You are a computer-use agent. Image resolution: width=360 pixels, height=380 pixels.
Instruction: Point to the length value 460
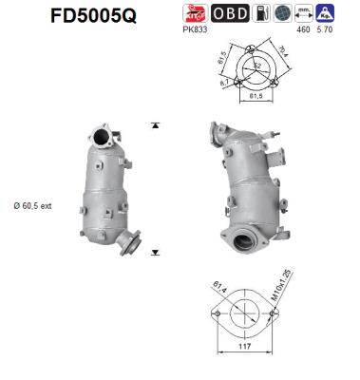304,30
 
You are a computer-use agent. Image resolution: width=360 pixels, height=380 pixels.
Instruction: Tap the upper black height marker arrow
155,125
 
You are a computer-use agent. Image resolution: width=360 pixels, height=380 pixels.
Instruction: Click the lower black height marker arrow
155,253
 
